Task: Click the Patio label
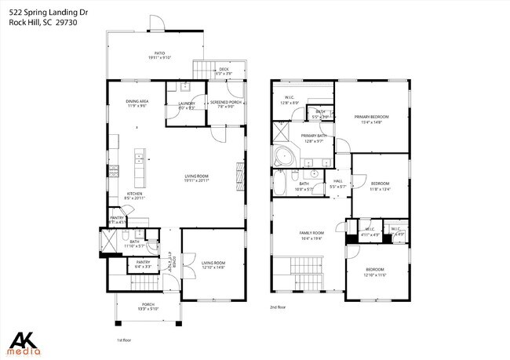click(159, 55)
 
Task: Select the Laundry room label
click(187, 105)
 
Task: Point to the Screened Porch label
click(224, 105)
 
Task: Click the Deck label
click(224, 71)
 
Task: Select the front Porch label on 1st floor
click(148, 307)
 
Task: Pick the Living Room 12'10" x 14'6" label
click(213, 264)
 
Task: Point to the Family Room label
click(311, 235)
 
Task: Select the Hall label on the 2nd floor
click(337, 184)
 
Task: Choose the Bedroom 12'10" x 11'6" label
click(377, 272)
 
